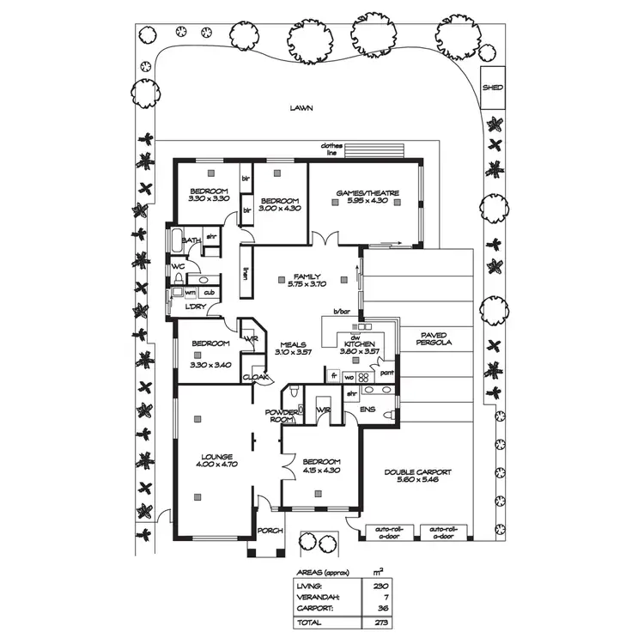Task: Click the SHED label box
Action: tap(492, 88)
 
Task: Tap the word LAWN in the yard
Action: tap(301, 109)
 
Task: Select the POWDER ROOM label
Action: tap(284, 416)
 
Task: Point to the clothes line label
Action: tap(331, 149)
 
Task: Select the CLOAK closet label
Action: tap(256, 377)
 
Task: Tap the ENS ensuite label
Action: tap(368, 409)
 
